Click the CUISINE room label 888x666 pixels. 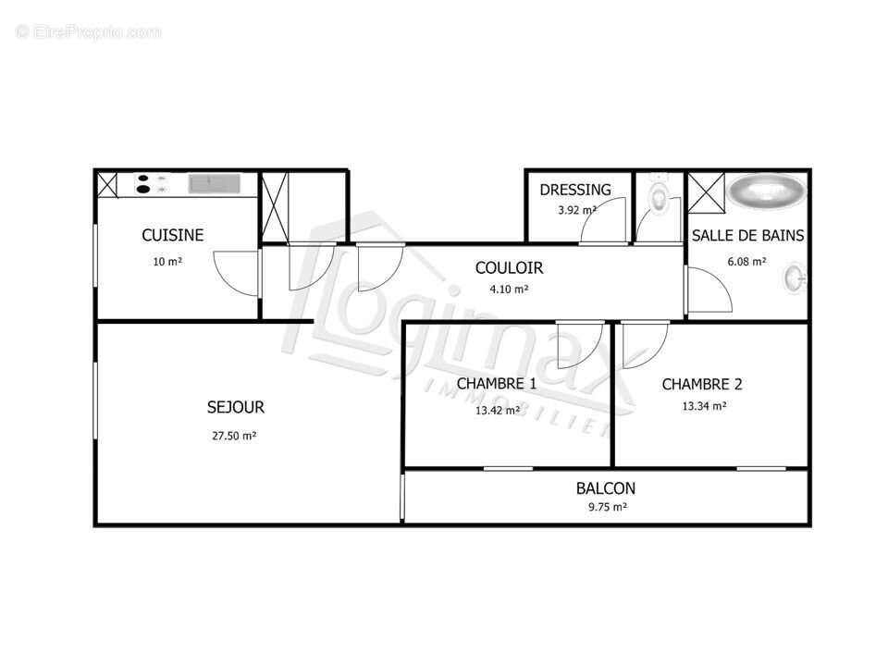point(172,236)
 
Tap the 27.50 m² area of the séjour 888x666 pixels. point(233,436)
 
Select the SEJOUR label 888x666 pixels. point(235,407)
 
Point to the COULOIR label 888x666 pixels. point(509,268)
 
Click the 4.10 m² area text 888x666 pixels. point(509,290)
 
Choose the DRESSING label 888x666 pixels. point(575,190)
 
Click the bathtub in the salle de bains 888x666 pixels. point(766,191)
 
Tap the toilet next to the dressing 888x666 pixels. point(659,196)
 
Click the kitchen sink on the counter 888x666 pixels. point(215,184)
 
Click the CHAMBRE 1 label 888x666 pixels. point(497,384)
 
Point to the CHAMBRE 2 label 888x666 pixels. point(702,385)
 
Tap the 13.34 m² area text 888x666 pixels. point(703,406)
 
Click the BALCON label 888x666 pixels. point(606,488)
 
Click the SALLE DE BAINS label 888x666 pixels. point(747,236)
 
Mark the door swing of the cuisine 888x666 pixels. point(233,274)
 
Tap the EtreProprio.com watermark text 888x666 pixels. point(89,32)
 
